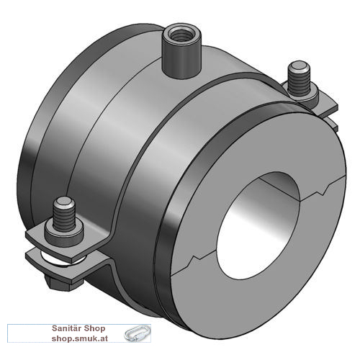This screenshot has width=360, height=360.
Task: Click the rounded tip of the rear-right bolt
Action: pyautogui.click(x=299, y=66)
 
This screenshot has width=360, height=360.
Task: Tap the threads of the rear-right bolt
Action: pyautogui.click(x=299, y=81)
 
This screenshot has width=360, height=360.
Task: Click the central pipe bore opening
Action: pyautogui.click(x=258, y=225)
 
